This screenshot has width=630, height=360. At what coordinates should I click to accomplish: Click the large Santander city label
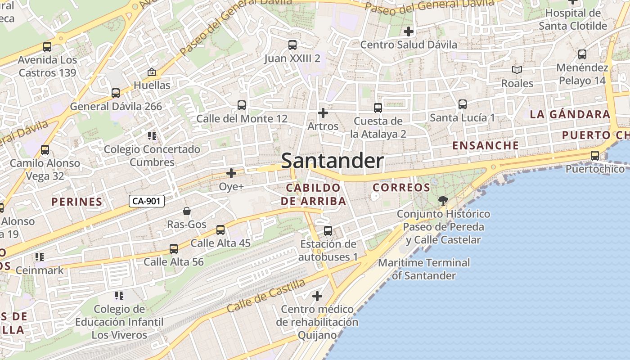pyautogui.click(x=332, y=161)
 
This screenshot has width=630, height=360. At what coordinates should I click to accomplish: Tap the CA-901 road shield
pyautogui.click(x=147, y=201)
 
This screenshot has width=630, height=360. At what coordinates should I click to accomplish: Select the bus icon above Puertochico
pyautogui.click(x=595, y=156)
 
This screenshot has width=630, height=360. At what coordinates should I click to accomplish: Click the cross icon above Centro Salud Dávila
pyautogui.click(x=409, y=31)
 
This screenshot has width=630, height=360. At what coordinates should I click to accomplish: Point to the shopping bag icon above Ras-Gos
pyautogui.click(x=187, y=211)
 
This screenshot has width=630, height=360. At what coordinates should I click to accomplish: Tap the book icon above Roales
pyautogui.click(x=517, y=70)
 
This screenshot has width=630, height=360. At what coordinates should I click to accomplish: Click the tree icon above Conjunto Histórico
pyautogui.click(x=443, y=200)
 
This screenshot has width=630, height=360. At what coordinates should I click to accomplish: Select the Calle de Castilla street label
pyautogui.click(x=266, y=296)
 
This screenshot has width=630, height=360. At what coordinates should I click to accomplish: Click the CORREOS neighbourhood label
pyautogui.click(x=402, y=187)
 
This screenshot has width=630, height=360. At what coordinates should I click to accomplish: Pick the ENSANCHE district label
pyautogui.click(x=486, y=145)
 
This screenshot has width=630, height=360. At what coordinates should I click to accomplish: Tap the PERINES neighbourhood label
pyautogui.click(x=77, y=202)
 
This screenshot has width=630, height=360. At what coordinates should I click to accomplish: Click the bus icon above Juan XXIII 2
pyautogui.click(x=292, y=45)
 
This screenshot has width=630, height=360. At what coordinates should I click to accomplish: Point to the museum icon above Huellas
pyautogui.click(x=152, y=72)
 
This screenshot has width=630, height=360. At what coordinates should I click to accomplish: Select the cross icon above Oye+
pyautogui.click(x=231, y=173)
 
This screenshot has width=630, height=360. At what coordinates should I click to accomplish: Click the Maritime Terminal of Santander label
pyautogui.click(x=424, y=269)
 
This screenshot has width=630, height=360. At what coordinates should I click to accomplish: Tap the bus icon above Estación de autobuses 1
pyautogui.click(x=328, y=231)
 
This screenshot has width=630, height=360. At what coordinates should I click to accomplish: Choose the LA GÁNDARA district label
pyautogui.click(x=570, y=114)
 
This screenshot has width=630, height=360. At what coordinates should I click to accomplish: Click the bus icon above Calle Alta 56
pyautogui.click(x=174, y=249)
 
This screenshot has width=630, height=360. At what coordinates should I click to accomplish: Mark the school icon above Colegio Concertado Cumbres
pyautogui.click(x=152, y=135)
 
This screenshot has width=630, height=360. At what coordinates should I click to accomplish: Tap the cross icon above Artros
pyautogui.click(x=323, y=113)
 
